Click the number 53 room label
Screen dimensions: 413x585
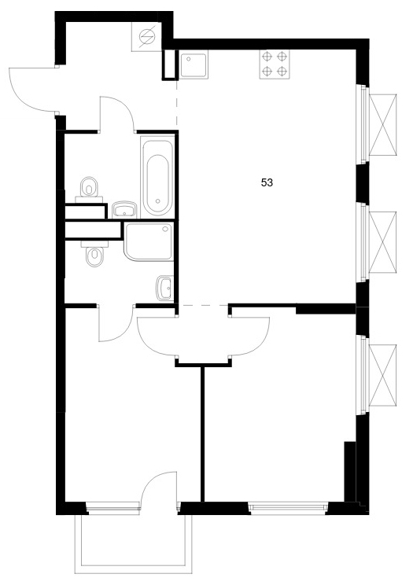pos(267,182)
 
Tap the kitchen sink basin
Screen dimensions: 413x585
pos(194,65)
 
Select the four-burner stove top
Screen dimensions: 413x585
pos(275,64)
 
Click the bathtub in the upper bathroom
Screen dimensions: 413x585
pos(157,176)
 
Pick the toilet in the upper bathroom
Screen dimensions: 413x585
pos(89,189)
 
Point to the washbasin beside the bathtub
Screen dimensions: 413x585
pos(124,210)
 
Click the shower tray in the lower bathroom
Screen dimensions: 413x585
pos(149,241)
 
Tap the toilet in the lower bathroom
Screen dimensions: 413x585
pos(94,253)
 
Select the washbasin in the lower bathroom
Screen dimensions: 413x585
pos(164,288)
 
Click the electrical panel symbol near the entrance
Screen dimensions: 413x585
pos(146,36)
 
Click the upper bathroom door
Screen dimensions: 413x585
pos(116,114)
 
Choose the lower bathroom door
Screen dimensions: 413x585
pos(116,323)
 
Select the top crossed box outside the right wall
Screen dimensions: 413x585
pos(382,124)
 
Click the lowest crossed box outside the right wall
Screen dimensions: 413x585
pos(382,375)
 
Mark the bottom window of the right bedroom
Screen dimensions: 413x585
pos(288,507)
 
